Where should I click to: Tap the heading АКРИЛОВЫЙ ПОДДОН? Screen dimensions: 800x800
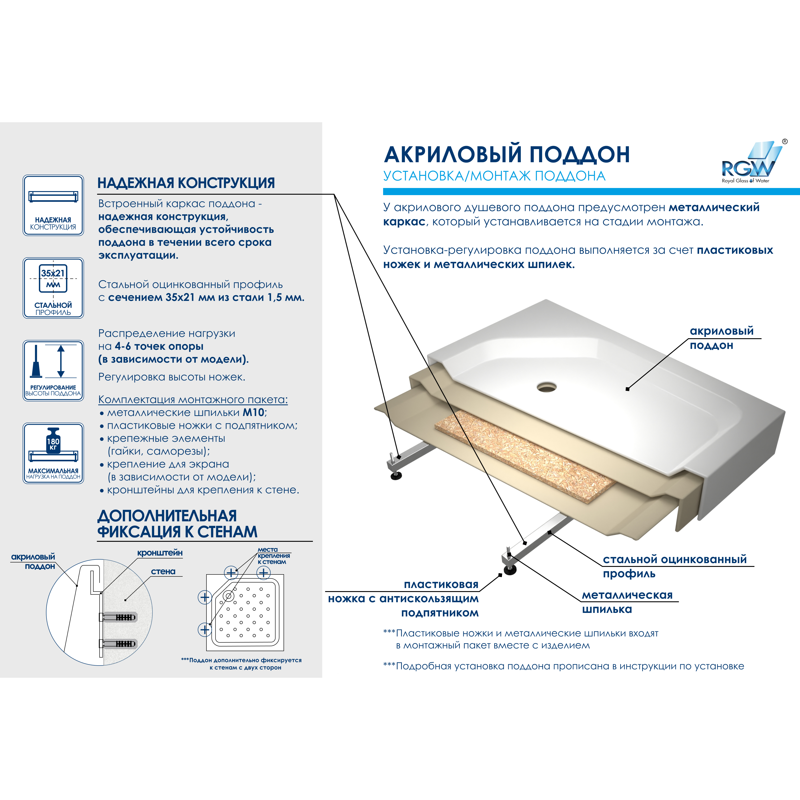click(506, 154)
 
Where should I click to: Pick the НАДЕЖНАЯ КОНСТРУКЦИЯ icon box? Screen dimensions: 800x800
click(53, 205)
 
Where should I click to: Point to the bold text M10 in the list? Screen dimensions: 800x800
click(253, 412)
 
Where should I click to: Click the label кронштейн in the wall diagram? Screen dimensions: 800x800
click(160, 553)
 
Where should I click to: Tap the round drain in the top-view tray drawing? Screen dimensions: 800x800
click(228, 596)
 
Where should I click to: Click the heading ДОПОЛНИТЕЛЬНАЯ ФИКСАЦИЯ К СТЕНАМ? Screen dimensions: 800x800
click(177, 524)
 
